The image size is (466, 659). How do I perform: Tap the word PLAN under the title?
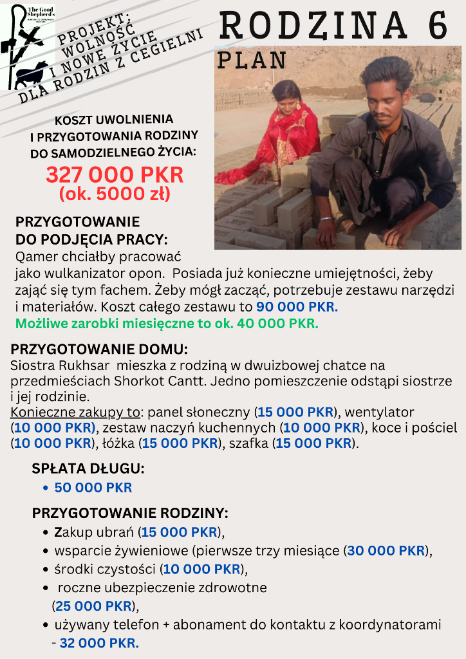click(252, 60)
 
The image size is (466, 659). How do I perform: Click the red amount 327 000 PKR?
click(115, 174)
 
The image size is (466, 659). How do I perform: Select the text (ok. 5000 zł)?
click(115, 193)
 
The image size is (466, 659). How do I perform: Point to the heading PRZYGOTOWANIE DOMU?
click(99, 350)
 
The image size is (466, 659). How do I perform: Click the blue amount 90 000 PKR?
click(297, 307)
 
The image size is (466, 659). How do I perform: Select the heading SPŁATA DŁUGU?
click(88, 469)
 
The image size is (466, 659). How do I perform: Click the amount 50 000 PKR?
click(93, 488)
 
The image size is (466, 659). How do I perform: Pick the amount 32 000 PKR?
click(99, 643)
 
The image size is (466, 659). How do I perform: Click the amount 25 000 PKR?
click(94, 606)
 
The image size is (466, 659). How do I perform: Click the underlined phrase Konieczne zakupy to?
click(75, 412)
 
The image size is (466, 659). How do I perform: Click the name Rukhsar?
click(72, 366)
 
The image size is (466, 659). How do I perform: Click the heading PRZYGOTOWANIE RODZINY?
click(130, 514)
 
